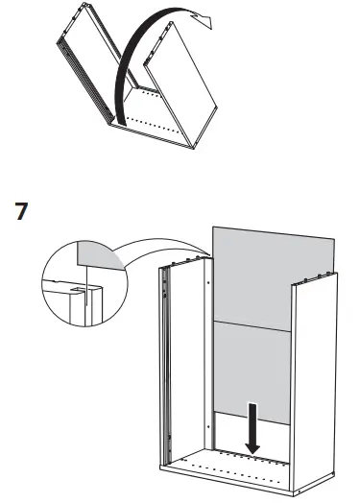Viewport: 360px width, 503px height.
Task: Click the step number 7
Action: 18,210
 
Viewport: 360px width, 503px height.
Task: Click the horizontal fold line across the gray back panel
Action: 252,321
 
